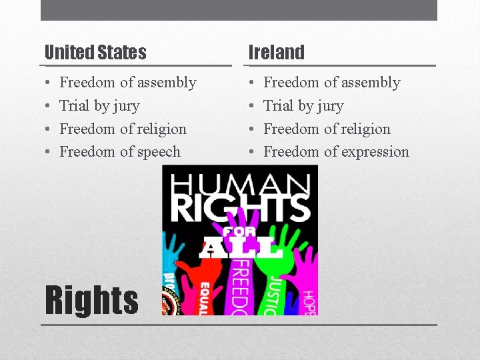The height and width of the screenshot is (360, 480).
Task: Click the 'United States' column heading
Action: click(95, 52)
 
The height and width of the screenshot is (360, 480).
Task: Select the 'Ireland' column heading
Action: click(276, 52)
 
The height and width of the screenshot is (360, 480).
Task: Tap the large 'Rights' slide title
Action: click(91, 300)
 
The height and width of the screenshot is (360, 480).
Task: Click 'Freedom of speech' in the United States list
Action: click(120, 151)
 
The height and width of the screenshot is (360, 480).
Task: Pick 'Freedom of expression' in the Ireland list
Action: click(336, 151)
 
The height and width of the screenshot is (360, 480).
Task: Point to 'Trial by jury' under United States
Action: click(99, 105)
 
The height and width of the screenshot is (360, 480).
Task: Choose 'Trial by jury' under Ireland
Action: click(303, 105)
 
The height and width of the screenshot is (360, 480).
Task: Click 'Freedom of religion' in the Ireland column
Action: click(327, 129)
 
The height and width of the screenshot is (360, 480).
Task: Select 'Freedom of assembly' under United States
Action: click(128, 83)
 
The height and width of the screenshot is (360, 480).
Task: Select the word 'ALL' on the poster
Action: click(240, 248)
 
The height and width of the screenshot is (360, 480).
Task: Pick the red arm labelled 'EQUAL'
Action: click(204, 293)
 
